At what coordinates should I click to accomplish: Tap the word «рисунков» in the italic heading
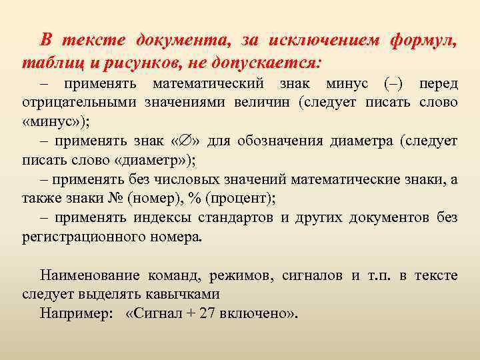coord(145,63)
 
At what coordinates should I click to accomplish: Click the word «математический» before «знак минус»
coord(208,85)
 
